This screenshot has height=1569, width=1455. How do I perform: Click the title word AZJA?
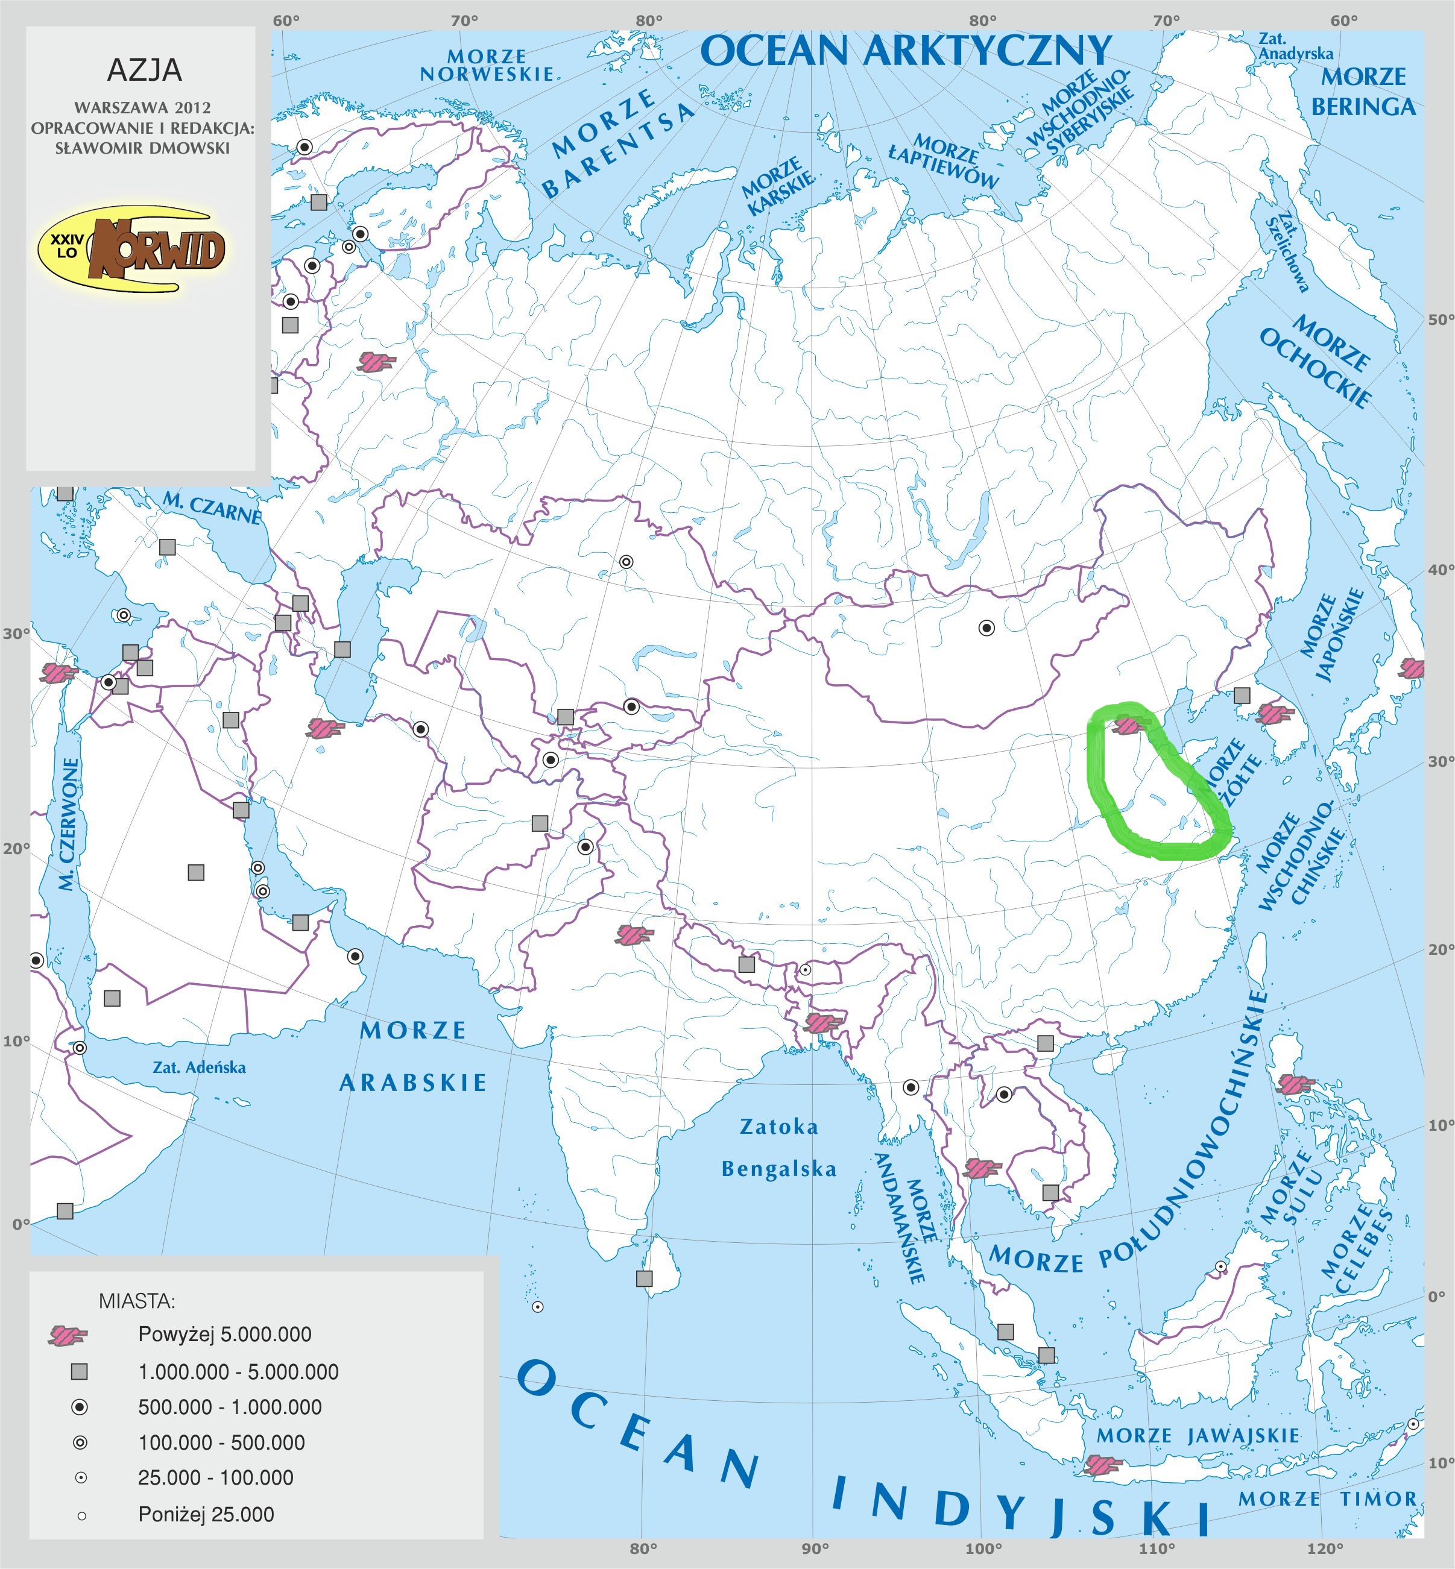tap(144, 71)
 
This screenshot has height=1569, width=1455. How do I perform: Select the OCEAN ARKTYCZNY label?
tap(906, 52)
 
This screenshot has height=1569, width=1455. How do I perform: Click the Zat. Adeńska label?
tap(199, 1067)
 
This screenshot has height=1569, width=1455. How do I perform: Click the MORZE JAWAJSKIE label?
tap(1198, 1435)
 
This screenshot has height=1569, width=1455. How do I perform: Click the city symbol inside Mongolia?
tap(986, 628)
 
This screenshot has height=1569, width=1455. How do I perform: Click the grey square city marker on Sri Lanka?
tap(644, 1278)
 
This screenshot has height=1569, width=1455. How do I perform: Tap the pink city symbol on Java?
tap(1102, 1464)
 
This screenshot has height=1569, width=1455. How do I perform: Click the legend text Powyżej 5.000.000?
tap(224, 1335)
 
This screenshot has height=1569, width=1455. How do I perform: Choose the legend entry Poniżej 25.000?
tap(206, 1515)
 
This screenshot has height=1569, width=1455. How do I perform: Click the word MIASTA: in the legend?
tap(137, 1301)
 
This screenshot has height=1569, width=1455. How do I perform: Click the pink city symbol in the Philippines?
tap(1296, 1085)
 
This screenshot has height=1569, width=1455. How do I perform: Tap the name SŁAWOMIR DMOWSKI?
tap(142, 148)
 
